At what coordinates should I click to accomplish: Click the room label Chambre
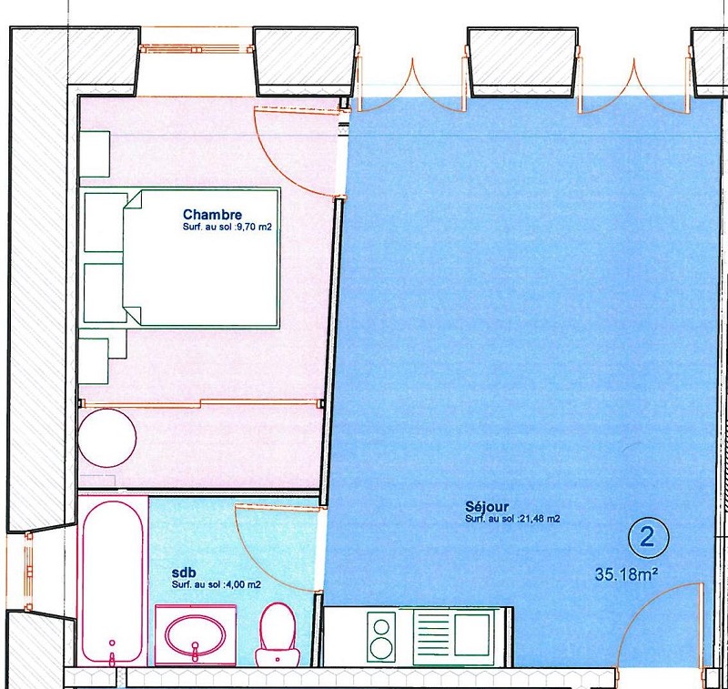(212, 215)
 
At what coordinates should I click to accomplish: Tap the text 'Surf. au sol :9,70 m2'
(227, 228)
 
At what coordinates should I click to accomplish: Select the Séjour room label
(487, 507)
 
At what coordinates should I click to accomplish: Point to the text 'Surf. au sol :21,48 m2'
(512, 519)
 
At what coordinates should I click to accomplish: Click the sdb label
(184, 572)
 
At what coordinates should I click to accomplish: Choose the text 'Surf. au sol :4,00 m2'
(217, 584)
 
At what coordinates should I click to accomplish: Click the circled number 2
(648, 538)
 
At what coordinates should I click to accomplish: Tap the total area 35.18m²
(626, 575)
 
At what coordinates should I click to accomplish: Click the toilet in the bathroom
(278, 634)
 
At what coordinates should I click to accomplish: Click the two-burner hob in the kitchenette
(381, 636)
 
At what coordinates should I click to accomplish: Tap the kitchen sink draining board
(434, 635)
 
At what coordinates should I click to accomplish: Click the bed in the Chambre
(201, 257)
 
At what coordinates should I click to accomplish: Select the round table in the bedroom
(107, 438)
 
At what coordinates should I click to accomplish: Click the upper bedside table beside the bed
(106, 222)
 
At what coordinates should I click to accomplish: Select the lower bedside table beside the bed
(106, 293)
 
